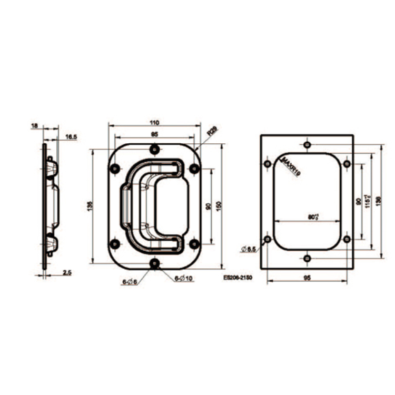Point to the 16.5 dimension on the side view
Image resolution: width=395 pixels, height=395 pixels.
click(71, 137)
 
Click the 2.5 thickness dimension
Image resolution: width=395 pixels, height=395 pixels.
click(66, 272)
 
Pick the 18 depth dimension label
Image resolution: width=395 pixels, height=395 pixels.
click(35, 126)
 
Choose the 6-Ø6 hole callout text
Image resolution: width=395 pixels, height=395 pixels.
click(129, 282)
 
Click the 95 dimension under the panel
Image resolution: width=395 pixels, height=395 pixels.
click(308, 278)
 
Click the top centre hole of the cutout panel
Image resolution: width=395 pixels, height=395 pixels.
click(308, 144)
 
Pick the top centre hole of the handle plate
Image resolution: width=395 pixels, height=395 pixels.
click(154, 150)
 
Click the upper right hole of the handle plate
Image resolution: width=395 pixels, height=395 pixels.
click(194, 169)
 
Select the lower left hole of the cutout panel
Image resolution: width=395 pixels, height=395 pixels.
click(268, 240)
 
